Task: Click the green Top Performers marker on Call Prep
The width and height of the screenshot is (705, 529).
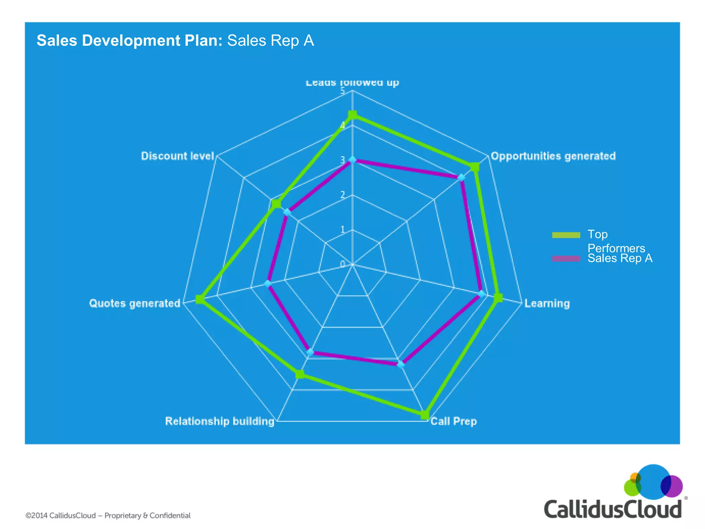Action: (x=425, y=415)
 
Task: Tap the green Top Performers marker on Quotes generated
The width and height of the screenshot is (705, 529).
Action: (x=200, y=299)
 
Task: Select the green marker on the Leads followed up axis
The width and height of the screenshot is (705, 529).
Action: (x=352, y=115)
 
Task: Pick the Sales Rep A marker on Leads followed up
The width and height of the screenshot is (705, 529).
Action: (x=352, y=160)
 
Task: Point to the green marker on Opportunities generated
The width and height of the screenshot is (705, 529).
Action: (x=475, y=167)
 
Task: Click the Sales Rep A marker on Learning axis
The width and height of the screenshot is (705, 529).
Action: (x=482, y=294)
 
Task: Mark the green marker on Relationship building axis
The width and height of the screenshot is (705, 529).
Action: (x=300, y=374)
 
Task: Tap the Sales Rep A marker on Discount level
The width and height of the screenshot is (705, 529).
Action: (x=287, y=212)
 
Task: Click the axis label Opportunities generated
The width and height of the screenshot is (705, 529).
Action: (x=553, y=156)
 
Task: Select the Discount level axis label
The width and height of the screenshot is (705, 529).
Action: (x=178, y=156)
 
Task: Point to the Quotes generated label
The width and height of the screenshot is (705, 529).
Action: (x=135, y=303)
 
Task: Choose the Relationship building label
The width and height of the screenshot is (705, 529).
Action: (x=220, y=421)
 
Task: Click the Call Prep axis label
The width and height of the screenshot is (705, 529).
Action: (x=454, y=421)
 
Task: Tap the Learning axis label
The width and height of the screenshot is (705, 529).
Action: (x=547, y=303)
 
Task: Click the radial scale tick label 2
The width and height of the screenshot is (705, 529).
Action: (x=343, y=195)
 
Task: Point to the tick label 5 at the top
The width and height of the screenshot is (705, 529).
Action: (x=343, y=91)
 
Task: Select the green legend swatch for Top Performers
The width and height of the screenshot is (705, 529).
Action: (x=566, y=235)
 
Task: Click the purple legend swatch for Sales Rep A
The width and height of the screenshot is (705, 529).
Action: (x=566, y=259)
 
